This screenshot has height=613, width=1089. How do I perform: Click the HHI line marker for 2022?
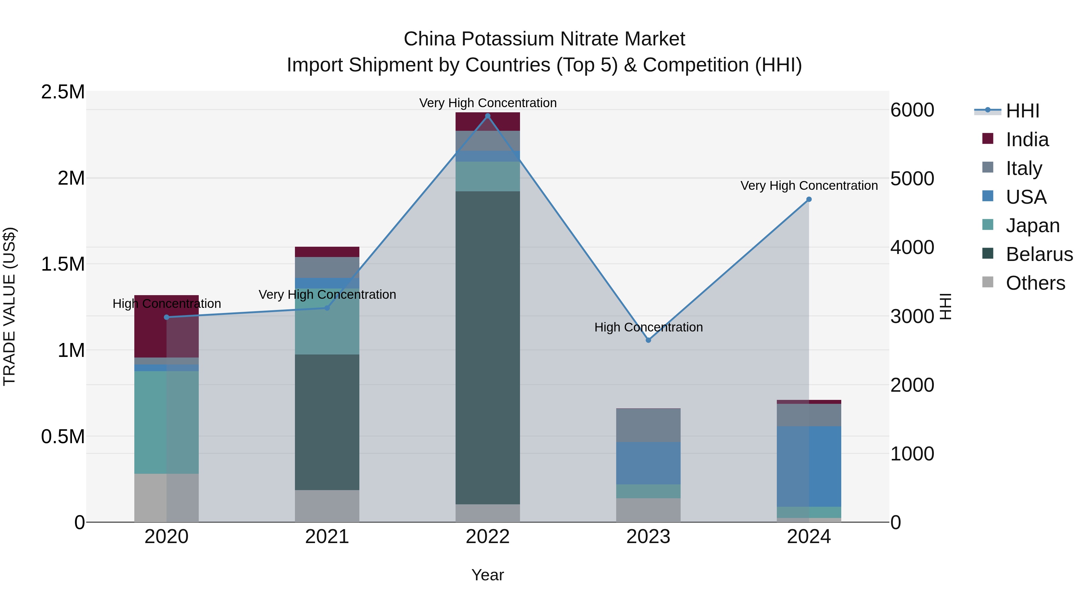487,116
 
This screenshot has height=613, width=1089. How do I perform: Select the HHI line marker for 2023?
648,340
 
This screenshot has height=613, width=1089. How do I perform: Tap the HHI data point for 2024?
809,199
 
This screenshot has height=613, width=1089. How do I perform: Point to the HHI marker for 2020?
167,317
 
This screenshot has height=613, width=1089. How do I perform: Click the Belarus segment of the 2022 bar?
487,347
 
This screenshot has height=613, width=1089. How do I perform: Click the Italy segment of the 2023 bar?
648,425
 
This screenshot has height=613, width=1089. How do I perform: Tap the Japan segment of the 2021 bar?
327,321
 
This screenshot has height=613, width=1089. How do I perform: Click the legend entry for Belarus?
1039,254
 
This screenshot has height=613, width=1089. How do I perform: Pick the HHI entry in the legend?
1022,111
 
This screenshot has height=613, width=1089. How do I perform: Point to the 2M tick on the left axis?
71,178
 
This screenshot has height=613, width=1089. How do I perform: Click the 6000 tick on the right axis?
912,110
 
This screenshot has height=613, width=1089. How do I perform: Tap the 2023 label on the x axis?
648,537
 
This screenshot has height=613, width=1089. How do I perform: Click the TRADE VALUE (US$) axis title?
10,306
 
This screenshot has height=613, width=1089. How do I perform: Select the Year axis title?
487,575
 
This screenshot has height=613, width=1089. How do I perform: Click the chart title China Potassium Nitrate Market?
544,39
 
